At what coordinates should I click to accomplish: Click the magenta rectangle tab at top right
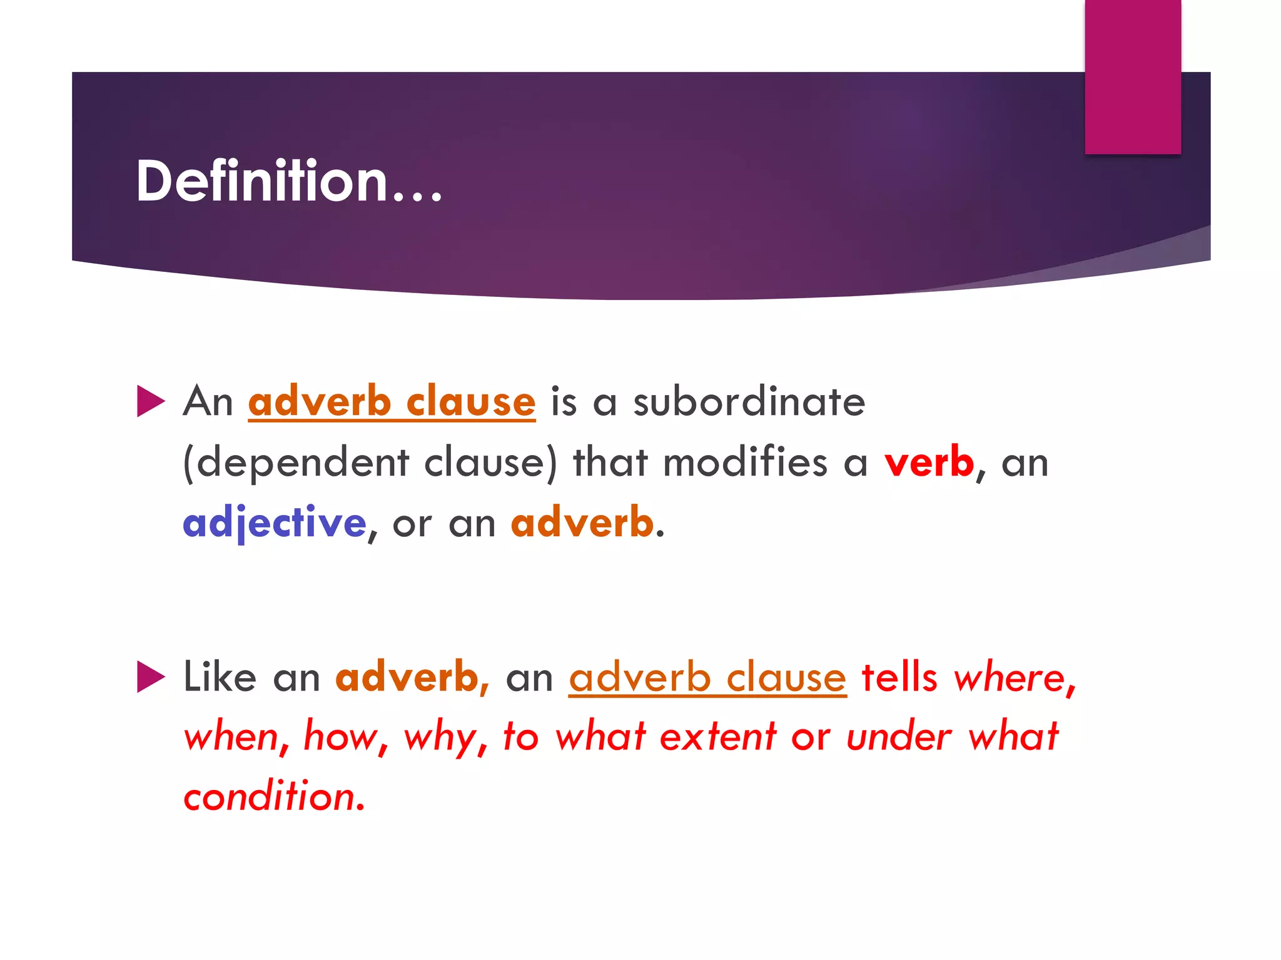tap(1132, 77)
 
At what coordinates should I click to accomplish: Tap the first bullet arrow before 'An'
tap(150, 401)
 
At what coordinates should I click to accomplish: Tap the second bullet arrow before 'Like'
tap(150, 677)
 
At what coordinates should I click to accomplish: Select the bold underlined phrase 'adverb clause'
tap(392, 401)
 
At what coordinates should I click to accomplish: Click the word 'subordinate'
tap(749, 401)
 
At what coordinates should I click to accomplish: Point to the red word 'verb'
tap(929, 462)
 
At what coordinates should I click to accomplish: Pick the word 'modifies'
tap(745, 462)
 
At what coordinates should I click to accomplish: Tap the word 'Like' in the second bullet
tap(220, 677)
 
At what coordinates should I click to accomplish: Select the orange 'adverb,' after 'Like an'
tap(412, 677)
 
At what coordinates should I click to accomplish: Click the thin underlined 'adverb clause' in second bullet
tap(707, 677)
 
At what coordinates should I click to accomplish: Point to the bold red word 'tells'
tap(899, 677)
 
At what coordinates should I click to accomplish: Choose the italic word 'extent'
tap(717, 736)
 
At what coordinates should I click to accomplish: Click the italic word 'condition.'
tap(274, 796)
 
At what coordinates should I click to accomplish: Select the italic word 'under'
tap(899, 736)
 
